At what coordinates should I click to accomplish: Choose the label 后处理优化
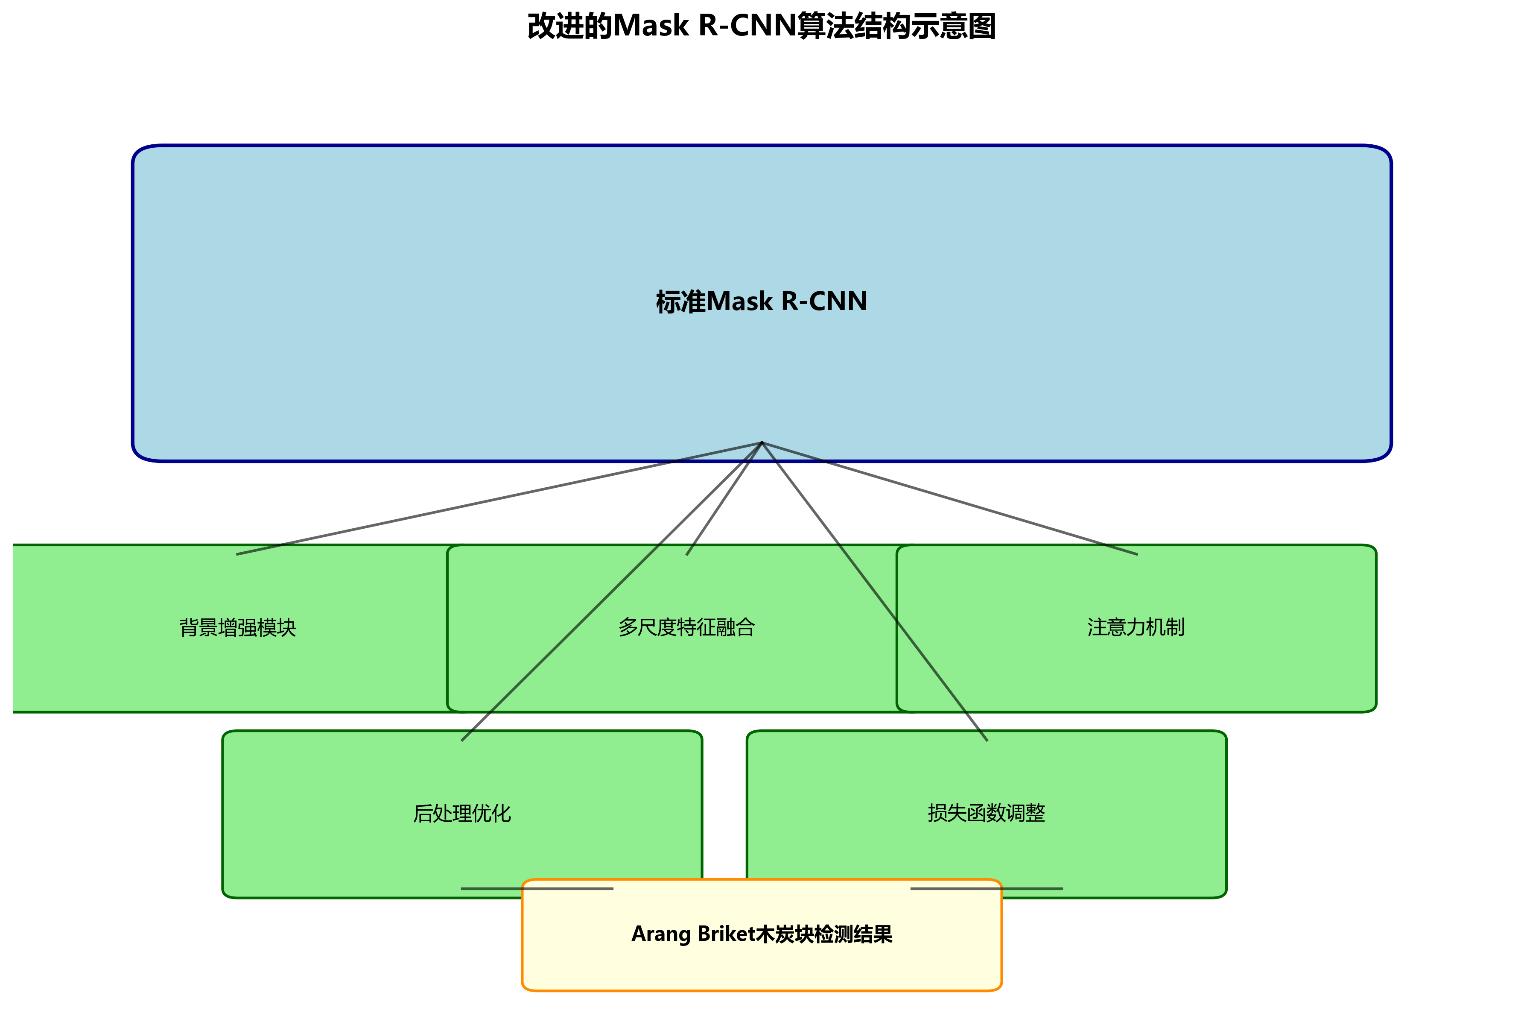[462, 813]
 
